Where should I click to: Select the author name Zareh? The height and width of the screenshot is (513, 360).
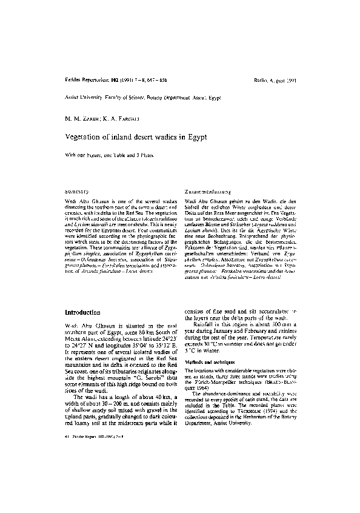(x=88, y=118)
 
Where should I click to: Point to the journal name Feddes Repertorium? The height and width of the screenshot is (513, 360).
(x=84, y=79)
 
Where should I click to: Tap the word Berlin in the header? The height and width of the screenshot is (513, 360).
(x=262, y=79)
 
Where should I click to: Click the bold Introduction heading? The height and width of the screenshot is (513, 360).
(x=82, y=312)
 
